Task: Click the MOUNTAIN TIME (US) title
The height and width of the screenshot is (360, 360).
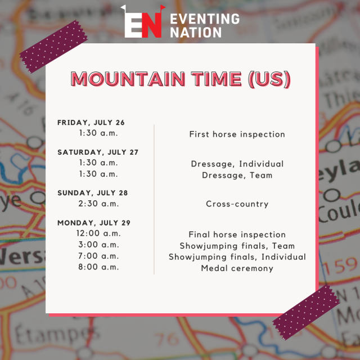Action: (181, 79)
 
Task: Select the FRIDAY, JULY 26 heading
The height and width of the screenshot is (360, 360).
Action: (91, 123)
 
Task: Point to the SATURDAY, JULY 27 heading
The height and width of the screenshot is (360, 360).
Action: (98, 152)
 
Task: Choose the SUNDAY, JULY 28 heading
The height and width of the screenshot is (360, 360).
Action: (93, 193)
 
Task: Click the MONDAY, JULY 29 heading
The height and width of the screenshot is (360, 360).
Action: (94, 223)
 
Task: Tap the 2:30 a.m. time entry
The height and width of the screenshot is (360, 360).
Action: (98, 204)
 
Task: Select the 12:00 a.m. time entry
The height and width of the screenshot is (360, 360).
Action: (98, 233)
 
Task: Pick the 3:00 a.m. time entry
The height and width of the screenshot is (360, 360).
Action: (98, 245)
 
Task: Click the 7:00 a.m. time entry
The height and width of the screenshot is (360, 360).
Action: (98, 256)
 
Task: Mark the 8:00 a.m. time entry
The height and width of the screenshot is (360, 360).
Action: (98, 267)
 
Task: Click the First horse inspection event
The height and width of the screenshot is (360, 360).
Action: (237, 134)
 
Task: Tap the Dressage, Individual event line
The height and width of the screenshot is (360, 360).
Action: (237, 164)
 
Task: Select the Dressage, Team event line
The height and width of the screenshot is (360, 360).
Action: (237, 175)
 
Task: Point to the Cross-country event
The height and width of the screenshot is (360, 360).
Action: (237, 204)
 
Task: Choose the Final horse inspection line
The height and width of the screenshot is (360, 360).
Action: (237, 235)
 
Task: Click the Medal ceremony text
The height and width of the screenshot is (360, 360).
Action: (237, 268)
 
